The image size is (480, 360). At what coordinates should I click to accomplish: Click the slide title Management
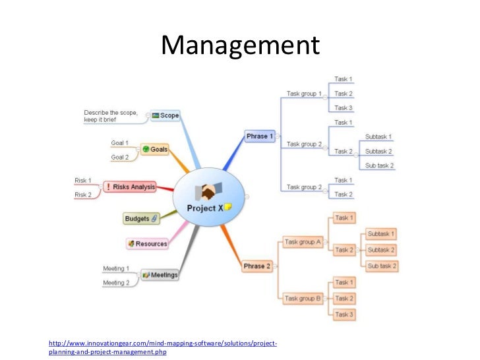(240, 45)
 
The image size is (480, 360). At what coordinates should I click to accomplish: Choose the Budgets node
(141, 218)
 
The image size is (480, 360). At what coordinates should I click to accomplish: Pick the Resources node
(147, 243)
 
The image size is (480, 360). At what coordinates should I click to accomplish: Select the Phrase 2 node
(257, 266)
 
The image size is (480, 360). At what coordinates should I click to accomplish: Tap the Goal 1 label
(119, 142)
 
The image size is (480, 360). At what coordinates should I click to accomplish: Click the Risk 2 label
(83, 195)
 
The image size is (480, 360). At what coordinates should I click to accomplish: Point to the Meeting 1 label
(116, 268)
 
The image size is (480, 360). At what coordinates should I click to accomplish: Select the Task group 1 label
(304, 94)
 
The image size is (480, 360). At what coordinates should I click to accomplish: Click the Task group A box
(303, 242)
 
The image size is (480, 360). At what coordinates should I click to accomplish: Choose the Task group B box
(303, 299)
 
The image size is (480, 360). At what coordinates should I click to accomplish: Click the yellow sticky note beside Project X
(227, 207)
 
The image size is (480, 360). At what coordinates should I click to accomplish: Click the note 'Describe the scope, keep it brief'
(111, 116)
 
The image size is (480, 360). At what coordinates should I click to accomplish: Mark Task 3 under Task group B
(344, 315)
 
